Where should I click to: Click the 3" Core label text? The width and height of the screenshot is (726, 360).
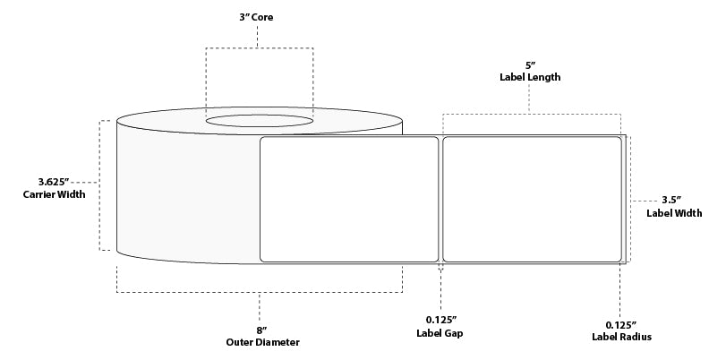point(258,15)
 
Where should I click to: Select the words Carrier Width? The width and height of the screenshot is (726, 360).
point(55,195)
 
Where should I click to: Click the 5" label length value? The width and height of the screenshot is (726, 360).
point(530,64)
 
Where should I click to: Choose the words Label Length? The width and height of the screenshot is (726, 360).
point(530,77)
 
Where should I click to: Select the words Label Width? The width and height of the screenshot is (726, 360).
point(674,213)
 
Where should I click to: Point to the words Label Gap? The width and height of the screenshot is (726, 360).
point(441,334)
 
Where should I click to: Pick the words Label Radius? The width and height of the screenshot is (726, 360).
point(620,337)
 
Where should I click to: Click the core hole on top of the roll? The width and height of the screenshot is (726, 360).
point(260,120)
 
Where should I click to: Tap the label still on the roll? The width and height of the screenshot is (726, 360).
point(348,199)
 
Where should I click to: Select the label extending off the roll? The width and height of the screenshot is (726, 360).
point(532,199)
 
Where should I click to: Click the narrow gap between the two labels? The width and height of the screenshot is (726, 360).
point(440,199)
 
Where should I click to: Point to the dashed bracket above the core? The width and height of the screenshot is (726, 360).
point(260,48)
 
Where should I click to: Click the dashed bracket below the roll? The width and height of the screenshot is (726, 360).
point(259,292)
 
